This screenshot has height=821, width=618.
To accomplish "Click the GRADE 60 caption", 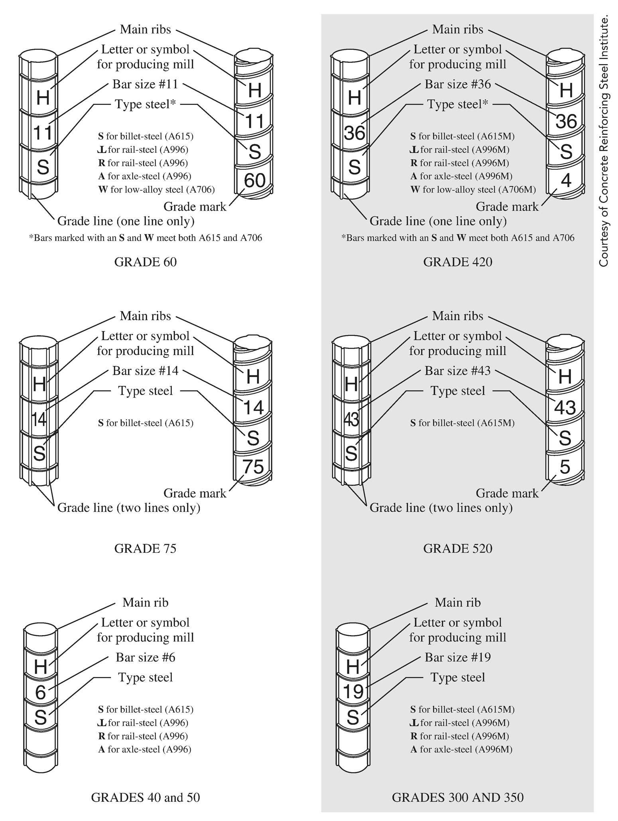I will (x=145, y=262).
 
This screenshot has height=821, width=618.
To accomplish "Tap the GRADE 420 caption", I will (x=457, y=262).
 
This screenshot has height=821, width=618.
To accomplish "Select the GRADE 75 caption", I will (x=145, y=549).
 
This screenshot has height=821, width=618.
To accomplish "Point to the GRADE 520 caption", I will (x=457, y=549).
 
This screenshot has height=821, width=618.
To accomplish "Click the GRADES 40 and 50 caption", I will (x=145, y=797).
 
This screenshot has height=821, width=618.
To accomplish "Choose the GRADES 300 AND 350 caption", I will (x=457, y=797).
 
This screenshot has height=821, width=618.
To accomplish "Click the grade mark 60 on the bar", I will (x=254, y=180).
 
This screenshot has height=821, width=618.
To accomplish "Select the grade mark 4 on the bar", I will (x=566, y=180).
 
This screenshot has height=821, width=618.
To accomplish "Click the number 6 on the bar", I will (x=40, y=693).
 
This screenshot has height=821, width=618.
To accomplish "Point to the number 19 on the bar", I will (x=353, y=692).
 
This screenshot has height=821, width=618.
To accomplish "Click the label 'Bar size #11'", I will (x=145, y=85).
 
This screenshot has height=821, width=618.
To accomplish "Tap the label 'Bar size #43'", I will (x=457, y=371).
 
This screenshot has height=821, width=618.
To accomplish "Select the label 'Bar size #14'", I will (x=145, y=371).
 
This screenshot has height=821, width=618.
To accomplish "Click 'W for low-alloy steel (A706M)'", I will (x=473, y=189).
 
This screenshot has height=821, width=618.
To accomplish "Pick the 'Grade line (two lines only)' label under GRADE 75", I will (x=129, y=508).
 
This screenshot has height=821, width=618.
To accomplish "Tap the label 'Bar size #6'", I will (x=145, y=657).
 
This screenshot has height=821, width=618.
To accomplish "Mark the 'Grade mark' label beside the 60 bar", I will (x=195, y=207).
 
